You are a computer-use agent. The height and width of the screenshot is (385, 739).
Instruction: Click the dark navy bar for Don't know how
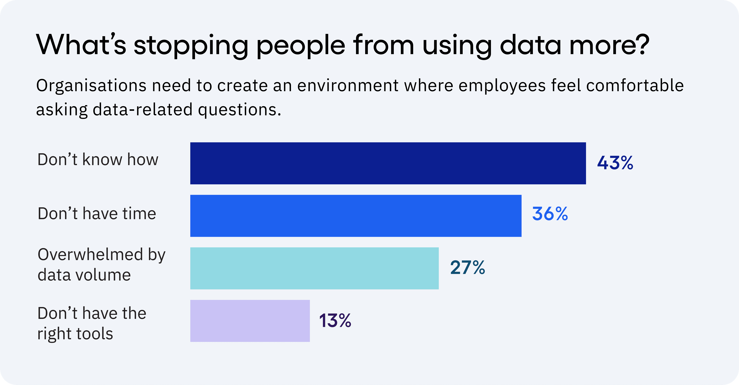point(388,163)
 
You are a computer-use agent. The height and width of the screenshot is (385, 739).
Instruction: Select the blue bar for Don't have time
point(356,216)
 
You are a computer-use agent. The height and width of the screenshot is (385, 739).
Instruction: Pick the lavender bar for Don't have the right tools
point(250,321)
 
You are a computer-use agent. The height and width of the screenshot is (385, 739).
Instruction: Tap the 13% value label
point(335,321)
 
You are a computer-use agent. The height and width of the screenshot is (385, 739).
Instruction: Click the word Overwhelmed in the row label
point(90,254)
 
